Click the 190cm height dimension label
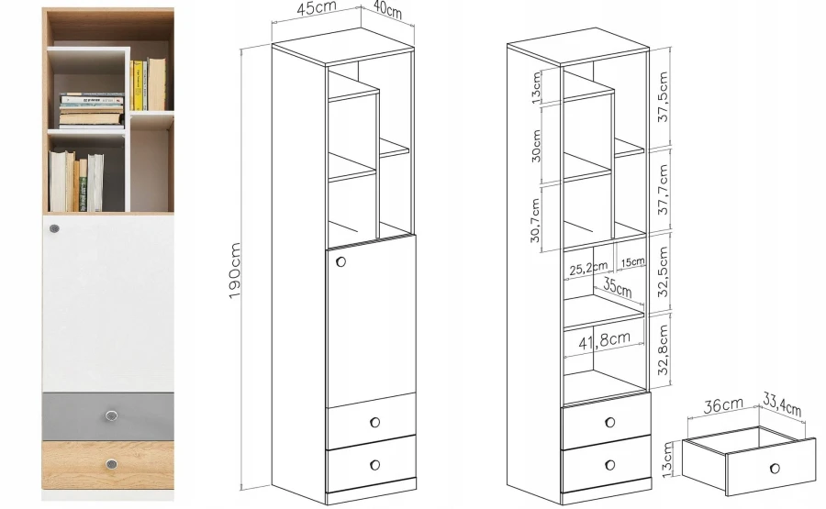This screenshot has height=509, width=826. pyautogui.click(x=234, y=271)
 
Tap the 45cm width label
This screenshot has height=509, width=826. pyautogui.click(x=318, y=9)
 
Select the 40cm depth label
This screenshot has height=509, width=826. pyautogui.click(x=387, y=10)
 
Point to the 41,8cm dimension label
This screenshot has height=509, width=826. pyautogui.click(x=604, y=341)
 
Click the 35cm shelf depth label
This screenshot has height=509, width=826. pyautogui.click(x=618, y=287)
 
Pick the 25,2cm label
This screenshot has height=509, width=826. pyautogui.click(x=588, y=269)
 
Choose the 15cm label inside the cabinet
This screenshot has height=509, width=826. pyautogui.click(x=632, y=261)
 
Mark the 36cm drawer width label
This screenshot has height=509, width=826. pyautogui.click(x=723, y=406)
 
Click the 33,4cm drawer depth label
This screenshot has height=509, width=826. pyautogui.click(x=782, y=404)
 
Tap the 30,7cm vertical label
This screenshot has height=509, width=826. pyautogui.click(x=535, y=220)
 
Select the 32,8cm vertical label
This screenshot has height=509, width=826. pyautogui.click(x=664, y=349)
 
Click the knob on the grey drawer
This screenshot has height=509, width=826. pyautogui.click(x=111, y=415)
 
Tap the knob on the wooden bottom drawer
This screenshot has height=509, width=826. pyautogui.click(x=111, y=464)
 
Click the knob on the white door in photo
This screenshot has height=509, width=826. pyautogui.click(x=54, y=228)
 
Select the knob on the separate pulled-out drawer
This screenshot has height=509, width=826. pyautogui.click(x=775, y=468)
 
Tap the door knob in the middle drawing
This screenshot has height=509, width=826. pyautogui.click(x=340, y=261)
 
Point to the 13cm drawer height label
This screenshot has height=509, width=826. pyautogui.click(x=667, y=459)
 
